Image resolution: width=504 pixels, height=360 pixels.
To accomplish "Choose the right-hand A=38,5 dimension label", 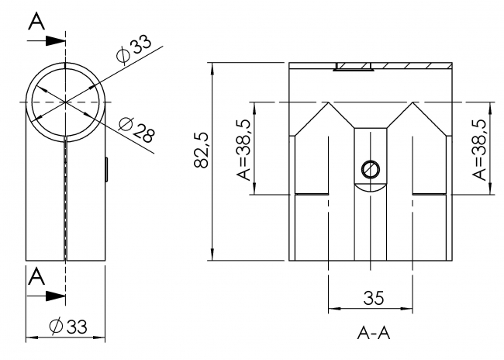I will tap(482, 148).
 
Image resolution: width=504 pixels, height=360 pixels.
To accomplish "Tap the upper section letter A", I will tap(36, 21).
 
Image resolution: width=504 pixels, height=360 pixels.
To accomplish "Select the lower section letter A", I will tap(36, 275).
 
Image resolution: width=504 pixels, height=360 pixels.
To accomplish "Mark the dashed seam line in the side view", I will tap(67, 202).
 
